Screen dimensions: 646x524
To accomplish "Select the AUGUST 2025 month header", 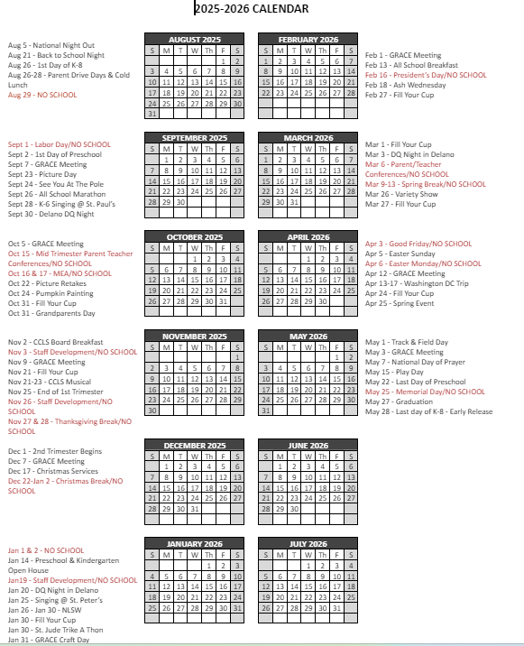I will coord(194,40).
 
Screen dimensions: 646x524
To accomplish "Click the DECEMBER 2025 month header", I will coord(194,446).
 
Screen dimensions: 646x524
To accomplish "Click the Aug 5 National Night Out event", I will coord(51,45).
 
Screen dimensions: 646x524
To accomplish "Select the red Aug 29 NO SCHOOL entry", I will coord(42,95).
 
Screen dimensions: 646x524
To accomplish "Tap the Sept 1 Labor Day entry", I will coord(60,144).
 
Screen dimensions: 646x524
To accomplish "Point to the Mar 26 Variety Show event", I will coord(402,194).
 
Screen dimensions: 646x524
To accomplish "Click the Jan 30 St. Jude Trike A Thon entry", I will coord(56,630).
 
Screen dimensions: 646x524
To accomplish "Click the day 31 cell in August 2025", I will coord(152,114).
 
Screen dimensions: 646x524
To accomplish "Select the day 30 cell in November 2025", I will coord(152,411).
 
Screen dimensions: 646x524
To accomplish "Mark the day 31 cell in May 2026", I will coord(266,411).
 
